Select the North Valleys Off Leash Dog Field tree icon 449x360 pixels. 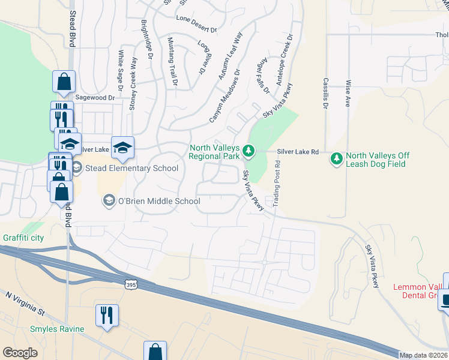[x=336, y=158]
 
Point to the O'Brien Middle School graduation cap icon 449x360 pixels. [x=109, y=200]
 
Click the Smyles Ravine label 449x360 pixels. [x=58, y=329]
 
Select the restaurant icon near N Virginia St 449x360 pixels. [x=107, y=315]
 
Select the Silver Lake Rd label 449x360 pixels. [x=298, y=152]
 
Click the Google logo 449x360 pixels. [x=20, y=352]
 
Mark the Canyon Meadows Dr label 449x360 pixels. [x=224, y=96]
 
